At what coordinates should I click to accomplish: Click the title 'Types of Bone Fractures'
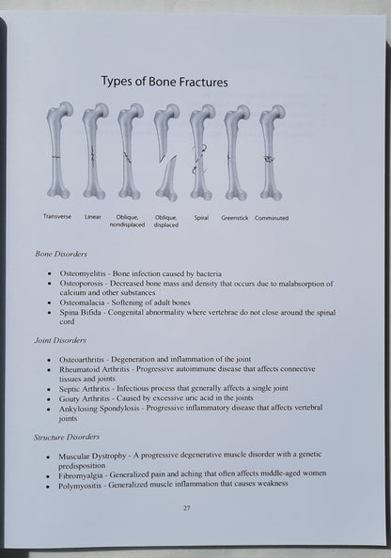click(164, 82)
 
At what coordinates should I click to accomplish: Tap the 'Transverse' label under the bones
click(57, 216)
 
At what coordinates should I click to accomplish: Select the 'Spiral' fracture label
click(201, 218)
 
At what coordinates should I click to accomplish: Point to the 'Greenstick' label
click(234, 218)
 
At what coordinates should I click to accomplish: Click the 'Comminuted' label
click(272, 218)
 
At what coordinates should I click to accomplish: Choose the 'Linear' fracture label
click(93, 216)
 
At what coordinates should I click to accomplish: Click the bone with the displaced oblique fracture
click(166, 152)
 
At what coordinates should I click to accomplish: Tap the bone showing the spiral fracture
click(201, 152)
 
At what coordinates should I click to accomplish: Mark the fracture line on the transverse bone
click(56, 157)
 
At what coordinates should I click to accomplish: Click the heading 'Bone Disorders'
click(61, 254)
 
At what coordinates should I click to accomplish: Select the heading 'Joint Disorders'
click(60, 340)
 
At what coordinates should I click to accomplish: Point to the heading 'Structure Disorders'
click(66, 437)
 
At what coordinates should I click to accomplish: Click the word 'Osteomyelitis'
click(83, 273)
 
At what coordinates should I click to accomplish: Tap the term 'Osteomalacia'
click(83, 302)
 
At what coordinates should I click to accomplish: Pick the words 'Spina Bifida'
click(81, 313)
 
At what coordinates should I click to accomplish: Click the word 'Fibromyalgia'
click(81, 475)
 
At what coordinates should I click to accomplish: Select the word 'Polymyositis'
click(80, 486)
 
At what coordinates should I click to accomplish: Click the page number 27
click(187, 508)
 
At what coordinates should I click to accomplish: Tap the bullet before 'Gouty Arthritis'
click(49, 399)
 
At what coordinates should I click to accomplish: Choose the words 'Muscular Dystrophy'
click(92, 456)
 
